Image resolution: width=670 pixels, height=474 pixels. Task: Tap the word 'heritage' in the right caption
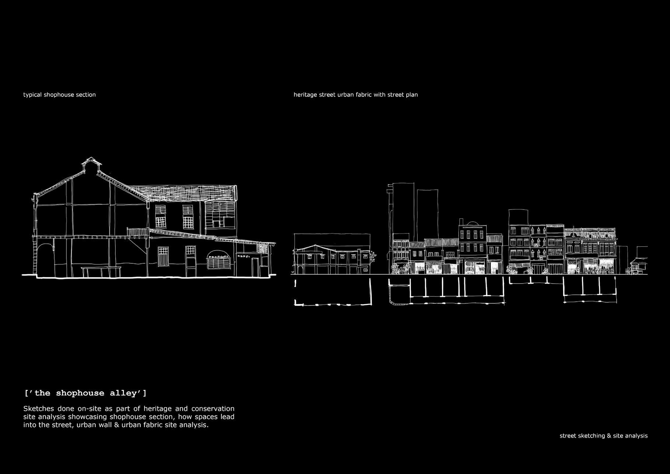(305, 95)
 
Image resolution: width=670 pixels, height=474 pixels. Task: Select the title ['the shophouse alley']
(85, 393)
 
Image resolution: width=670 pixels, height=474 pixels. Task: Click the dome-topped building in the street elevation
(471, 236)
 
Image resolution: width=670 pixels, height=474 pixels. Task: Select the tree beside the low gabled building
(373, 257)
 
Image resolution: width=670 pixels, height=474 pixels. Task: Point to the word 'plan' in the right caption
(411, 95)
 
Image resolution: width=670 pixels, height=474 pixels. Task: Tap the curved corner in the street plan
(393, 302)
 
